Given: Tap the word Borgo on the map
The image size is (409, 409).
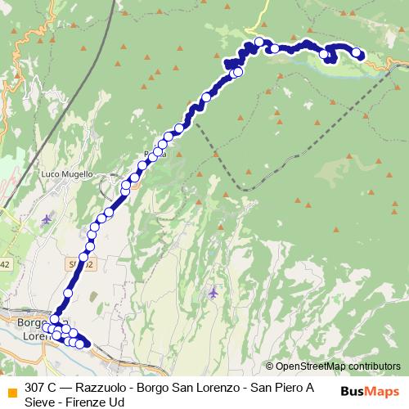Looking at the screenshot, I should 34,322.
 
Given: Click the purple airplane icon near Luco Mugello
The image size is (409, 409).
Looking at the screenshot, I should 46,219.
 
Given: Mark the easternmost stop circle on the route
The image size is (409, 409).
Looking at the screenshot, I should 357,53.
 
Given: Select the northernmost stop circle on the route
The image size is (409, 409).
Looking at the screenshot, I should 260,42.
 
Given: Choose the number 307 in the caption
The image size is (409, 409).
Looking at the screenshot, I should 35,387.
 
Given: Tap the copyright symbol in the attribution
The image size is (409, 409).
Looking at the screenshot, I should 270,366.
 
